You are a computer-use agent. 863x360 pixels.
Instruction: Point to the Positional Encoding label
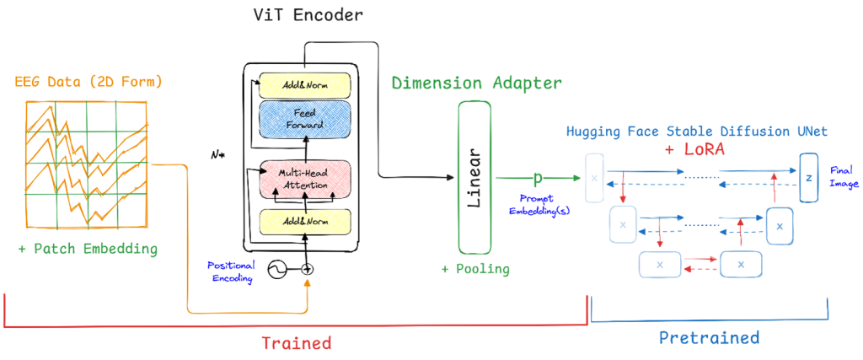[x=233, y=271]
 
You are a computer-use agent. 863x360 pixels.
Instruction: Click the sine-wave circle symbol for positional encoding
[x=276, y=269]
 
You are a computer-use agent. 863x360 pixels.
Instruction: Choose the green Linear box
[x=474, y=178]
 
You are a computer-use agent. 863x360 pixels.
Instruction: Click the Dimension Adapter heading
[x=476, y=83]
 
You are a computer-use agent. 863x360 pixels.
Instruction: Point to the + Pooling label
[x=475, y=269]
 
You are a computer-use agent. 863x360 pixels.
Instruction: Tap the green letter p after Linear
[x=536, y=178]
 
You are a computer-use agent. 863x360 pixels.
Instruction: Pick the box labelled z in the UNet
[x=809, y=178]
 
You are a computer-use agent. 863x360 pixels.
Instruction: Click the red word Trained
[x=296, y=343]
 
